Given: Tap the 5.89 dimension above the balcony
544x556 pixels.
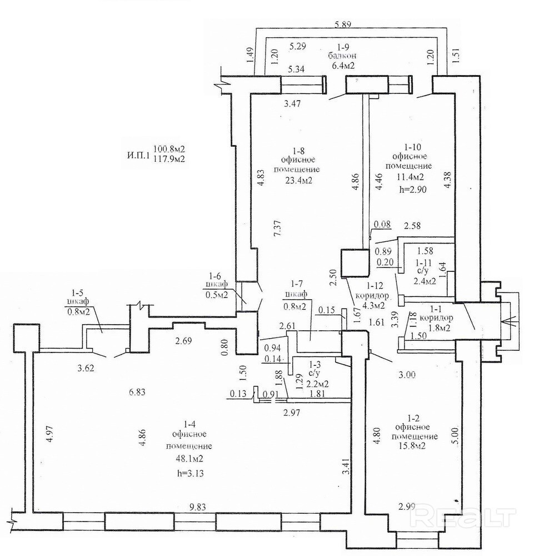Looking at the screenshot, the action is click(343, 24).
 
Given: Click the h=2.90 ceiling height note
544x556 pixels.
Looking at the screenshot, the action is click(412, 190).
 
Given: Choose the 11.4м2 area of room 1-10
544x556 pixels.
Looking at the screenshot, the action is click(411, 177).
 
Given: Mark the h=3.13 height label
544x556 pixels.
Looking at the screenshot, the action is click(189, 473).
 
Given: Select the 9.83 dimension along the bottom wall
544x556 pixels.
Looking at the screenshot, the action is click(197, 508).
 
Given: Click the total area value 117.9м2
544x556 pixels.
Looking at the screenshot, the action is click(169, 159).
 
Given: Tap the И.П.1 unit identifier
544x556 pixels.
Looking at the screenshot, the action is click(137, 155).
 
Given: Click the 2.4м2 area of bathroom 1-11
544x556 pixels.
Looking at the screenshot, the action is click(425, 281).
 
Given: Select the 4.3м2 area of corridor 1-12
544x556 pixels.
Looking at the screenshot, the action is click(373, 304).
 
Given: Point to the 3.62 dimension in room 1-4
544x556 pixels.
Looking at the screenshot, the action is click(86, 368).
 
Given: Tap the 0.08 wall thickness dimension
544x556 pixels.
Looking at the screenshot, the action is click(382, 224).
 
